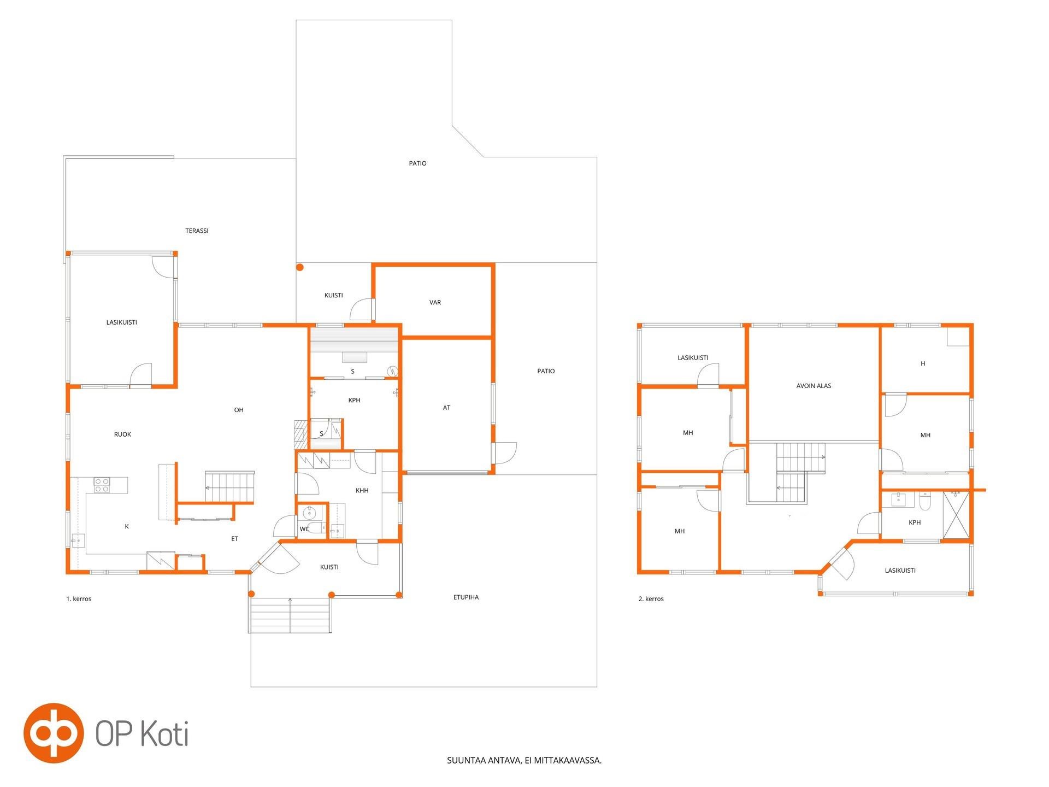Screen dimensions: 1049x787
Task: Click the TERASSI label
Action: (x=197, y=231)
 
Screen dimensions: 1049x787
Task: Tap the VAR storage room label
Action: (x=435, y=302)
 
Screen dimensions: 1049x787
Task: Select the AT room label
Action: (x=446, y=408)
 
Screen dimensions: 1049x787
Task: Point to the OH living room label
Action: (x=239, y=410)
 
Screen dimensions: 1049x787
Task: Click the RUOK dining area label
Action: (x=122, y=434)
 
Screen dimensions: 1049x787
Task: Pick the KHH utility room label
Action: (x=362, y=491)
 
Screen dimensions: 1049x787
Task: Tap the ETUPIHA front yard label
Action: (x=466, y=597)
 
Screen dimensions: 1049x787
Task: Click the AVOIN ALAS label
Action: (x=814, y=386)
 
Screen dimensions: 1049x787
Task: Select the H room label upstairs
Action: (x=923, y=363)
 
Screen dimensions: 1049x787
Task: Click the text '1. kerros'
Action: (x=79, y=599)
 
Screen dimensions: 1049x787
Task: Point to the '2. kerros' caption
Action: (x=651, y=599)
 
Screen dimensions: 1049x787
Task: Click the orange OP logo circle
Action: (x=54, y=733)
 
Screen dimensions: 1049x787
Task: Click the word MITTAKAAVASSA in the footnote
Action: (x=570, y=760)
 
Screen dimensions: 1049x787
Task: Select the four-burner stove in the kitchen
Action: (x=102, y=485)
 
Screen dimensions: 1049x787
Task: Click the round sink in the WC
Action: (x=310, y=513)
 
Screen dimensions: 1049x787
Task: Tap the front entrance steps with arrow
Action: (x=290, y=615)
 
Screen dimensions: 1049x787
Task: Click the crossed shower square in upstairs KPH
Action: (x=956, y=515)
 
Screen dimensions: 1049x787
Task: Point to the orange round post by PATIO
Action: (x=300, y=268)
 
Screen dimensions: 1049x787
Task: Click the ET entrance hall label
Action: (x=234, y=539)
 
